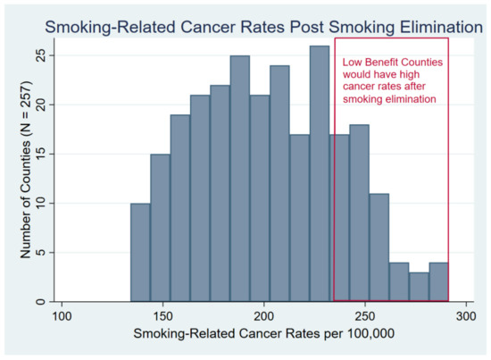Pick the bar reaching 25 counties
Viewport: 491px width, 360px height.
point(239,179)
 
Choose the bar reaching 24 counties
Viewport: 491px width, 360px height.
point(279,183)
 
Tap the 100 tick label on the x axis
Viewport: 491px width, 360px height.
point(62,317)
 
